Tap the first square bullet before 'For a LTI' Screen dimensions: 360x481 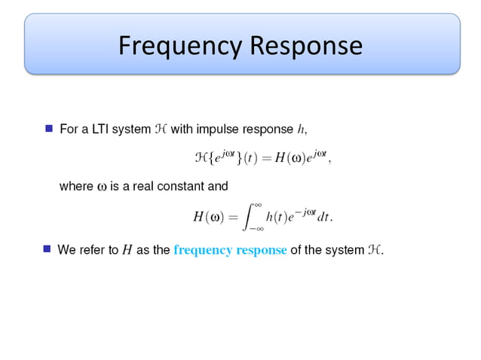[49, 129]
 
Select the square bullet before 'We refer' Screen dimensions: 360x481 [47, 249]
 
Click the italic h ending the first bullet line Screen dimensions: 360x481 [302, 130]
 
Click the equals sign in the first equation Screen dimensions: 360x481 [265, 159]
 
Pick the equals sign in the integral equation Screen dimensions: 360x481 [232, 217]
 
